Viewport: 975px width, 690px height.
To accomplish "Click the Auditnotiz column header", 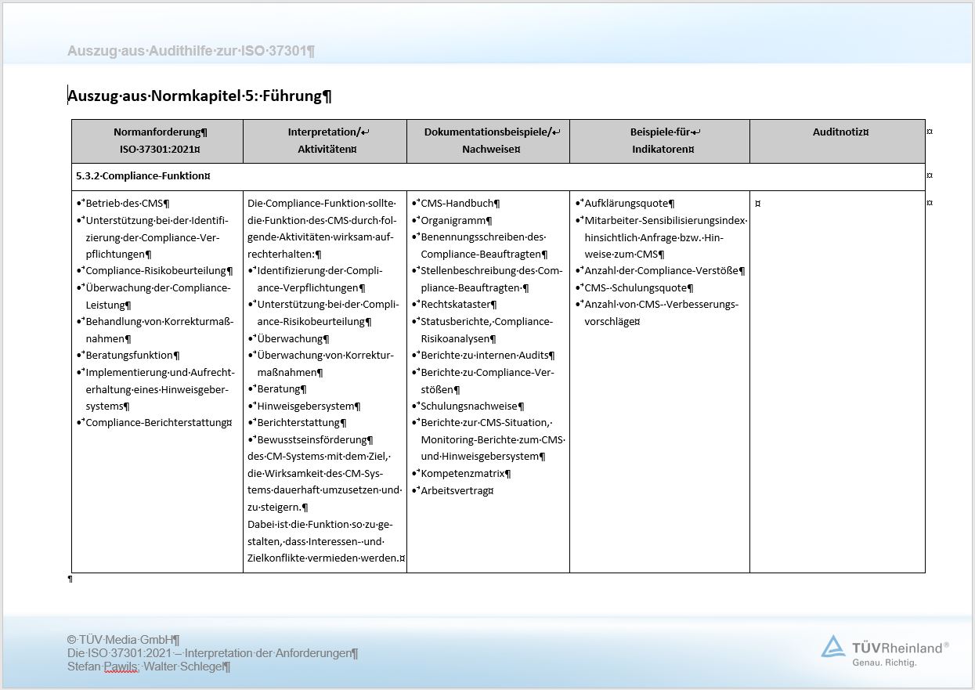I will (x=837, y=132).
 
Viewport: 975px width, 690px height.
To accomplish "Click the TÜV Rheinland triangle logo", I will (x=832, y=646).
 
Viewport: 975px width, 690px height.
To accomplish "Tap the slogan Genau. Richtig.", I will (x=884, y=663).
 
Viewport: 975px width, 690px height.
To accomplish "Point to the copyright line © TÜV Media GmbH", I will (x=124, y=640).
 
